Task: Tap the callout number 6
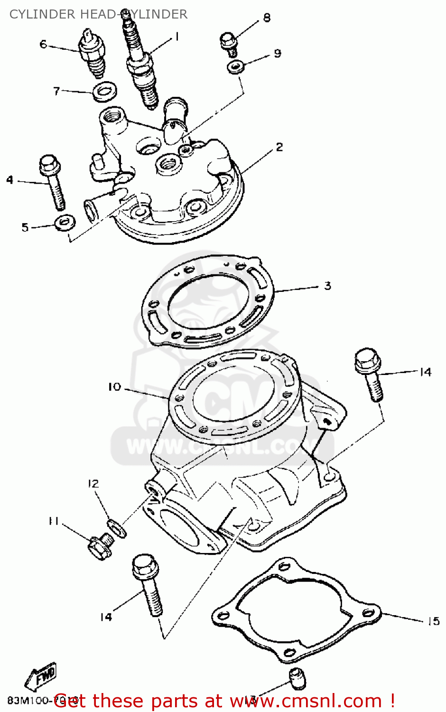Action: pyautogui.click(x=43, y=44)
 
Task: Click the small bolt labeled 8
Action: pyautogui.click(x=229, y=43)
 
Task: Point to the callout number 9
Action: pyautogui.click(x=278, y=53)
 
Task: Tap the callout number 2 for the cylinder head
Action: pyautogui.click(x=279, y=147)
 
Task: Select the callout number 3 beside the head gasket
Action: pyautogui.click(x=327, y=286)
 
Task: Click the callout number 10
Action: pyautogui.click(x=114, y=387)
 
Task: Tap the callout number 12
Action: pyautogui.click(x=93, y=483)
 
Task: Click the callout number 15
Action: pyautogui.click(x=433, y=621)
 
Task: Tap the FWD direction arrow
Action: pyautogui.click(x=42, y=676)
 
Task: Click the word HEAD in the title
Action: pyautogui.click(x=99, y=14)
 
